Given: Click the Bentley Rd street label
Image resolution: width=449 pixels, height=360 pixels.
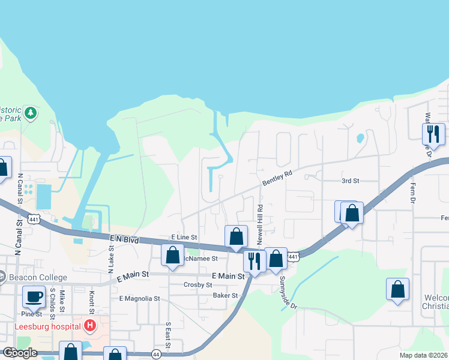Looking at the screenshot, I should (277, 178).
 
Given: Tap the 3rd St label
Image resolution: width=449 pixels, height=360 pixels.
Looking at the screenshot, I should (350, 181).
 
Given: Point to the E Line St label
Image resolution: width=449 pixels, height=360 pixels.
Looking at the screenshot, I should (184, 238).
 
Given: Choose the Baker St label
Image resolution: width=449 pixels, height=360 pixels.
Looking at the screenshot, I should (226, 295).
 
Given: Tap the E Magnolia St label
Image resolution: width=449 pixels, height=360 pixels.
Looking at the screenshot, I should (140, 298).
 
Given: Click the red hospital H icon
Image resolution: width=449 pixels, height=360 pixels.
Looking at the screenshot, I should (90, 326).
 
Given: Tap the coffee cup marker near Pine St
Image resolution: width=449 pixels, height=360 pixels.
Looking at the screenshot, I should (34, 296).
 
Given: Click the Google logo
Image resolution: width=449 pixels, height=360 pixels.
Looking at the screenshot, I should (19, 353).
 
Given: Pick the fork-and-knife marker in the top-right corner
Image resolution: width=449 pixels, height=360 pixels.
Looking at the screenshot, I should (433, 134).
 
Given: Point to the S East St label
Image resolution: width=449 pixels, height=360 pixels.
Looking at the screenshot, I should (169, 335).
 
